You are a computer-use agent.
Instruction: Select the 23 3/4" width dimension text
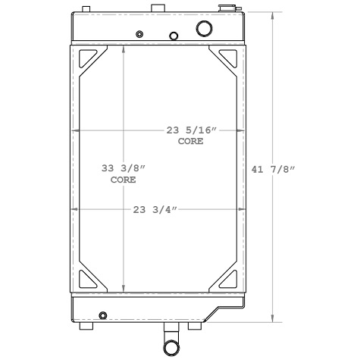[x=155, y=209]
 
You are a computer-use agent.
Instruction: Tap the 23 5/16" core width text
[x=191, y=130]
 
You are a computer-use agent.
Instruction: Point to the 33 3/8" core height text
[x=123, y=169]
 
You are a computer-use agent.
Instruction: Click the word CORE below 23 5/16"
[x=190, y=142]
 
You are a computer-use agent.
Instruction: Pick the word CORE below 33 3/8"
[x=123, y=180]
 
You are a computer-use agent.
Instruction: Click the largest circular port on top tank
[x=205, y=29]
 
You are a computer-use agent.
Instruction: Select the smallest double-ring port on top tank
[x=139, y=34]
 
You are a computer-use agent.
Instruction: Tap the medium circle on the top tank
[x=174, y=36]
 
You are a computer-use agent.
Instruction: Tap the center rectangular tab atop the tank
[x=157, y=8]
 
